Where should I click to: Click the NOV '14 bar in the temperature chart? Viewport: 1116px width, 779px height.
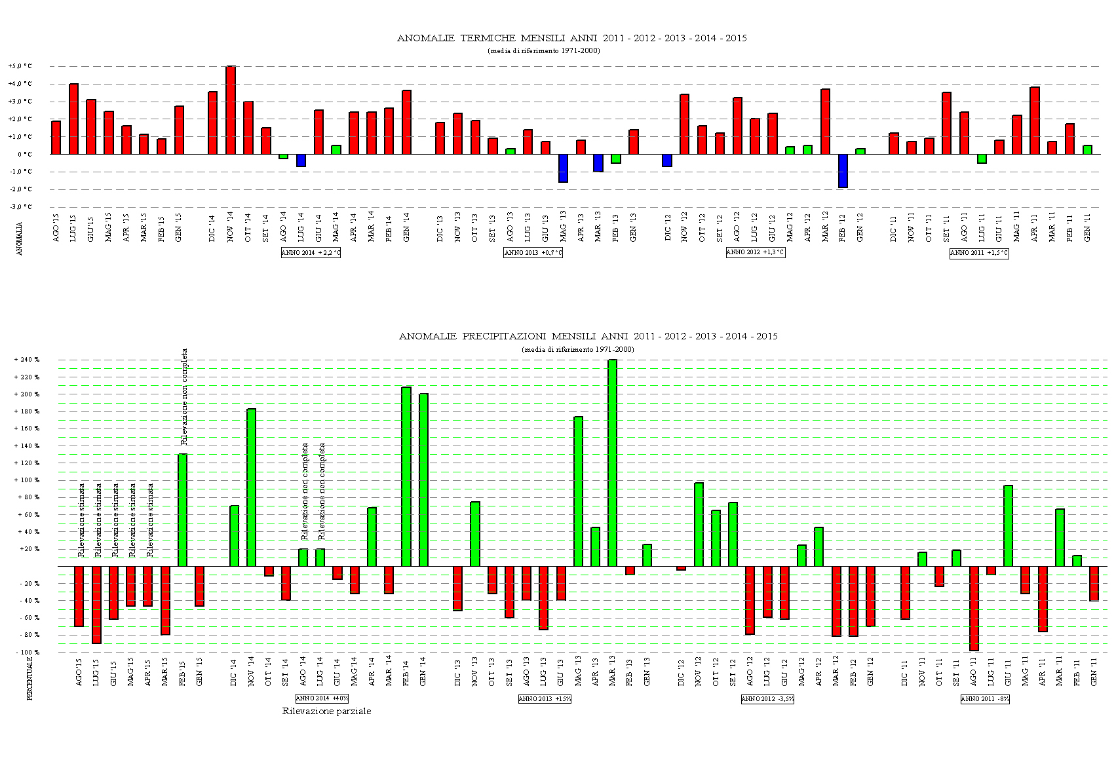[x=231, y=110]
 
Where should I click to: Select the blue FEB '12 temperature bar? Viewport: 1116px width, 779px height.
[x=843, y=170]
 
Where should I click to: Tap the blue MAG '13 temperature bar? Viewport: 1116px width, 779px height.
[x=563, y=168]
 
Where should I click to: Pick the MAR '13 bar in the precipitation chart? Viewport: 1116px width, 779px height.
[x=613, y=463]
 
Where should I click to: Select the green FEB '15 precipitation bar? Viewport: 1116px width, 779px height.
[x=183, y=510]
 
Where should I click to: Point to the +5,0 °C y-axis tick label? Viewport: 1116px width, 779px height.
[x=20, y=66]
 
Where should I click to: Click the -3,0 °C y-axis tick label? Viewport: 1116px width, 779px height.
[x=20, y=207]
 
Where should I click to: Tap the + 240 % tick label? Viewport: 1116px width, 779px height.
[x=27, y=360]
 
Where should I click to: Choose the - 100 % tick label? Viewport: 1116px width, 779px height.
[x=27, y=653]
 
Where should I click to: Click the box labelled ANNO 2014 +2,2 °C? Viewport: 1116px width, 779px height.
[x=311, y=253]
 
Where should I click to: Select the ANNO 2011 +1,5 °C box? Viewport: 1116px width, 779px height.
[x=979, y=253]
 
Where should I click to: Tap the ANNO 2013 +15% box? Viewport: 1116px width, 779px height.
[x=545, y=699]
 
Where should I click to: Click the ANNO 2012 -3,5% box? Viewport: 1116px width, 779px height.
[x=767, y=699]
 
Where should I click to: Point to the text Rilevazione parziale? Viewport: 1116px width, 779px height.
[x=326, y=711]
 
